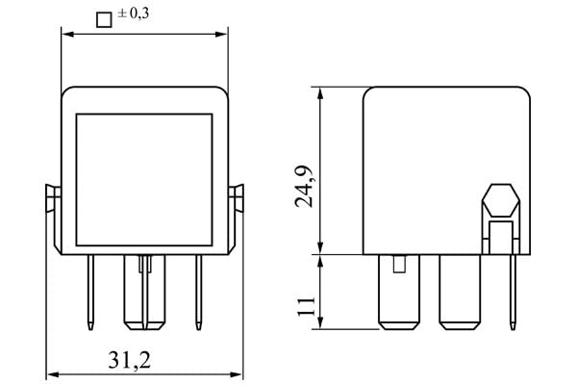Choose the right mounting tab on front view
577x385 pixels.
(238, 198)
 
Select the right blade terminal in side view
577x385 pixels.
(459, 291)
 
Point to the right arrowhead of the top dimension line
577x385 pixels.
(223, 35)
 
